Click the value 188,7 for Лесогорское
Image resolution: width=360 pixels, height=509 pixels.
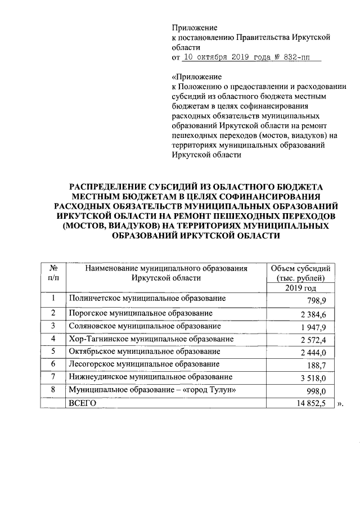click(317, 366)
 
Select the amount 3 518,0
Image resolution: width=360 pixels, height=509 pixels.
click(313, 379)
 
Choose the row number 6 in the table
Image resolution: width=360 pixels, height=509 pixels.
click(53, 364)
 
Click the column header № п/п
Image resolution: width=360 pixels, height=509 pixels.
click(53, 273)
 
